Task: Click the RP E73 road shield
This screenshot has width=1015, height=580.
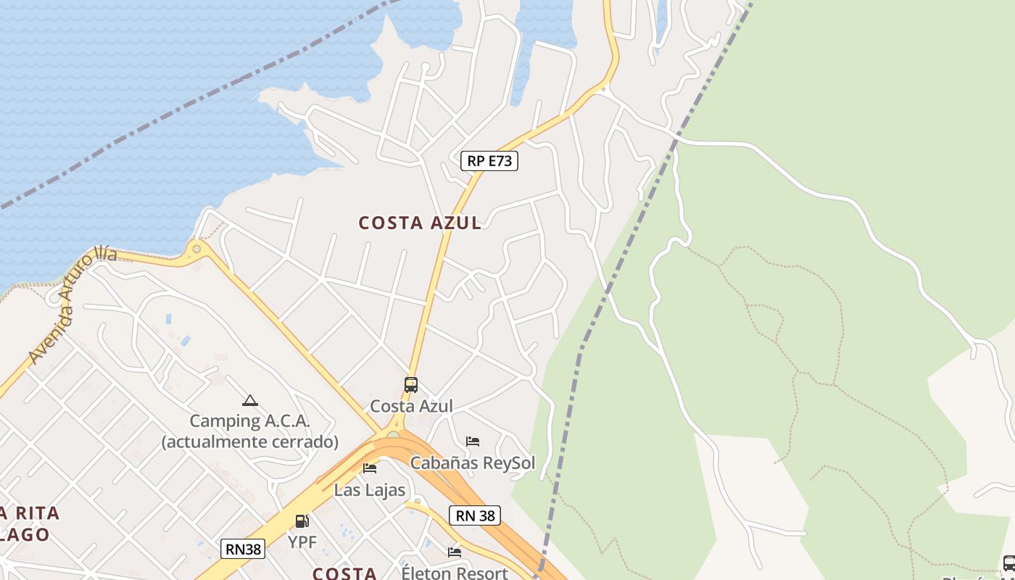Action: [489, 160]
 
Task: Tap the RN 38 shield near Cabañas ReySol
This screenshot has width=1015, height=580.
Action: [476, 515]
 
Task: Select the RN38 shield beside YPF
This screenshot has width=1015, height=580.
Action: [243, 549]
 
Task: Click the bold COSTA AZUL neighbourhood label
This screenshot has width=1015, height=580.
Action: [420, 223]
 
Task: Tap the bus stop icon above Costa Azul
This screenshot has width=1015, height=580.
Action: [411, 385]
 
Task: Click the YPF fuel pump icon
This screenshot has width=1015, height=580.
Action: [302, 521]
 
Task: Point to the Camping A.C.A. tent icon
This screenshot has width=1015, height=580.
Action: [249, 400]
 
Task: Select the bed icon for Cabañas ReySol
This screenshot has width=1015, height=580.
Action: [473, 442]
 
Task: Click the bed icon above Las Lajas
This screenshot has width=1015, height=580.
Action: [370, 468]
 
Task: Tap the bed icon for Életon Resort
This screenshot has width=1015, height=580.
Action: [455, 552]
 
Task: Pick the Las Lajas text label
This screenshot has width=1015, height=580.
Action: [370, 490]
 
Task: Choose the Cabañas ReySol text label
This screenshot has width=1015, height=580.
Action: [473, 463]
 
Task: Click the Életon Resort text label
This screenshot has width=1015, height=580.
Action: [455, 573]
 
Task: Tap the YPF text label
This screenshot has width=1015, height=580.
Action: [302, 542]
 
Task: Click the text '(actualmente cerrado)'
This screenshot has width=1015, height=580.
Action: [249, 442]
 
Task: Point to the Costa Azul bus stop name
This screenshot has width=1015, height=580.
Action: [411, 406]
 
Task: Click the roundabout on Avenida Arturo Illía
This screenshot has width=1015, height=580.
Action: [196, 249]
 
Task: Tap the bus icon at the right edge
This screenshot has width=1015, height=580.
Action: [1008, 563]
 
